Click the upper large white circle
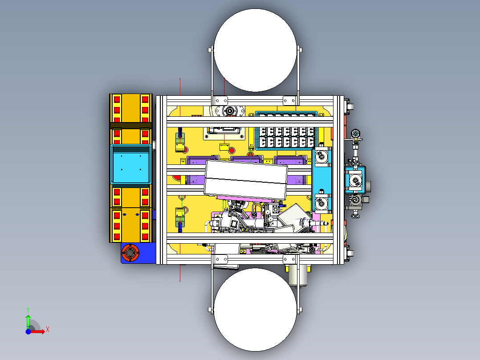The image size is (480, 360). (255, 50)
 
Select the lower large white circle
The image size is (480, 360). (255, 310)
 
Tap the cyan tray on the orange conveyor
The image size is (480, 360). (131, 164)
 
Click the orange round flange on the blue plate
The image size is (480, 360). (130, 253)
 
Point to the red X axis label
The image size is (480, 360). (48, 330)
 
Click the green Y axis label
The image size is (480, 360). (28, 310)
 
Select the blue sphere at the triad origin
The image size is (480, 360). (28, 331)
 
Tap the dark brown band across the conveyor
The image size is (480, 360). (131, 126)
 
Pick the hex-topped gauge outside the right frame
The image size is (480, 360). (355, 134)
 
